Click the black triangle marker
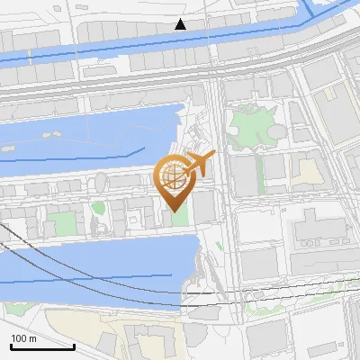coord(181,24)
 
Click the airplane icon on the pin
coord(198,164)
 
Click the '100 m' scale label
coord(23,338)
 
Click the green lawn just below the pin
coord(178,219)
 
